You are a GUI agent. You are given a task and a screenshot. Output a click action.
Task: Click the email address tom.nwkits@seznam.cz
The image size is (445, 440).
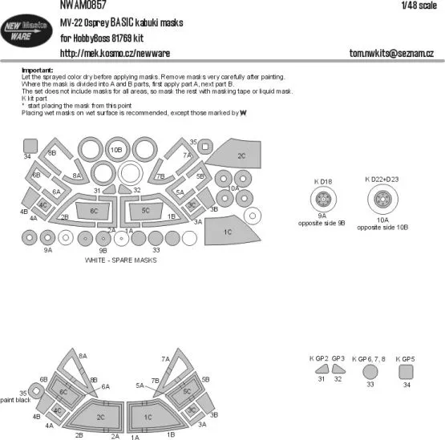click(x=390, y=54)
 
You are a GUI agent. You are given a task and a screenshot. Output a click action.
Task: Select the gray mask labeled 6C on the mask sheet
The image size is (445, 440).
click(x=95, y=211)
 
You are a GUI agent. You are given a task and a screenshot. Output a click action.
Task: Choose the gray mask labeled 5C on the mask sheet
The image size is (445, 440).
click(x=146, y=211)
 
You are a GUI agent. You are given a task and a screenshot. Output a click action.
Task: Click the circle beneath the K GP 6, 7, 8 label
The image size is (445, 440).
click(x=369, y=371)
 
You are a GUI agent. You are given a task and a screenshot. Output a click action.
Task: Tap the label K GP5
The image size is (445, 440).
click(x=407, y=357)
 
